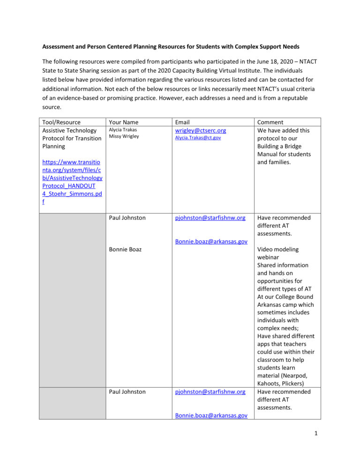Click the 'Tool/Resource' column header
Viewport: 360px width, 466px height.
pyautogui.click(x=61, y=122)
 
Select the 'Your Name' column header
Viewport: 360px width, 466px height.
pyautogui.click(x=123, y=122)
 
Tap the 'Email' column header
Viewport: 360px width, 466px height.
pyautogui.click(x=183, y=122)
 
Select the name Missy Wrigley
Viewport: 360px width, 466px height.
pyautogui.click(x=124, y=136)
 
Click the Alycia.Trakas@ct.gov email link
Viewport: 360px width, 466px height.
pyautogui.click(x=198, y=138)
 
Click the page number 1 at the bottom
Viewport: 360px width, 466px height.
pyautogui.click(x=316, y=445)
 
